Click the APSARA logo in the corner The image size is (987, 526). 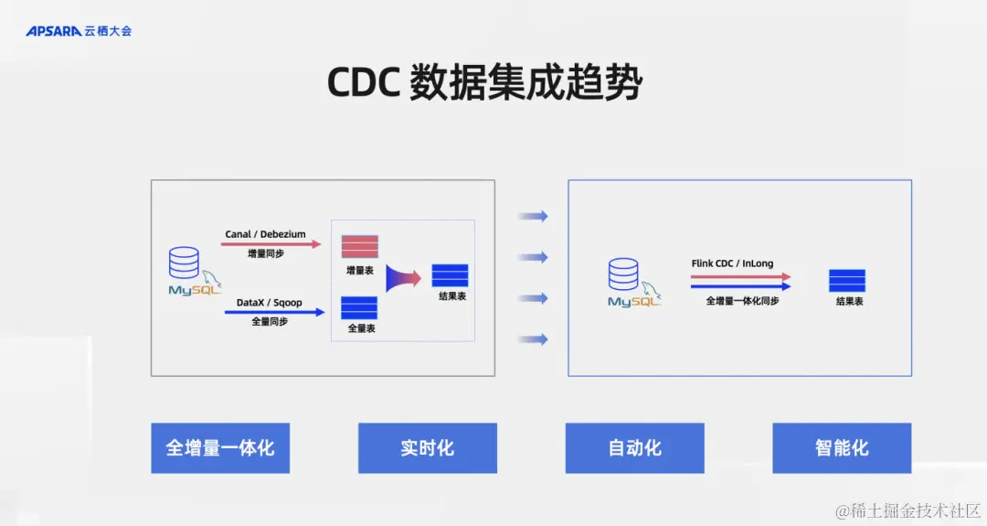[79, 31]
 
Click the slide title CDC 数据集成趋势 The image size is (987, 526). [485, 83]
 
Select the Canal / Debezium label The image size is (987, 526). [265, 234]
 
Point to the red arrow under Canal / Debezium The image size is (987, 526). [272, 244]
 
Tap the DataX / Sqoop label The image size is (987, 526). [269, 303]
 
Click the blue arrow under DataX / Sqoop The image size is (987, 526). [274, 313]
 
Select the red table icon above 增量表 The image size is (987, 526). [359, 247]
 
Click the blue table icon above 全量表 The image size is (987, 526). [359, 307]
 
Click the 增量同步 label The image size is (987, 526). [265, 253]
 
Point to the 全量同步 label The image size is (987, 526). [269, 322]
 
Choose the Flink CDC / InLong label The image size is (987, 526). [732, 263]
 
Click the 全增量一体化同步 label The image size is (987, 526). [742, 300]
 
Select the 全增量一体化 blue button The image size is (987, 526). [220, 448]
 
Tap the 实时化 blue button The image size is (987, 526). [427, 448]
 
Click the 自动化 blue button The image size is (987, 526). [634, 448]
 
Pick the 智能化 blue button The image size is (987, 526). [842, 448]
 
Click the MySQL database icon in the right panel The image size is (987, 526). [626, 282]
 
